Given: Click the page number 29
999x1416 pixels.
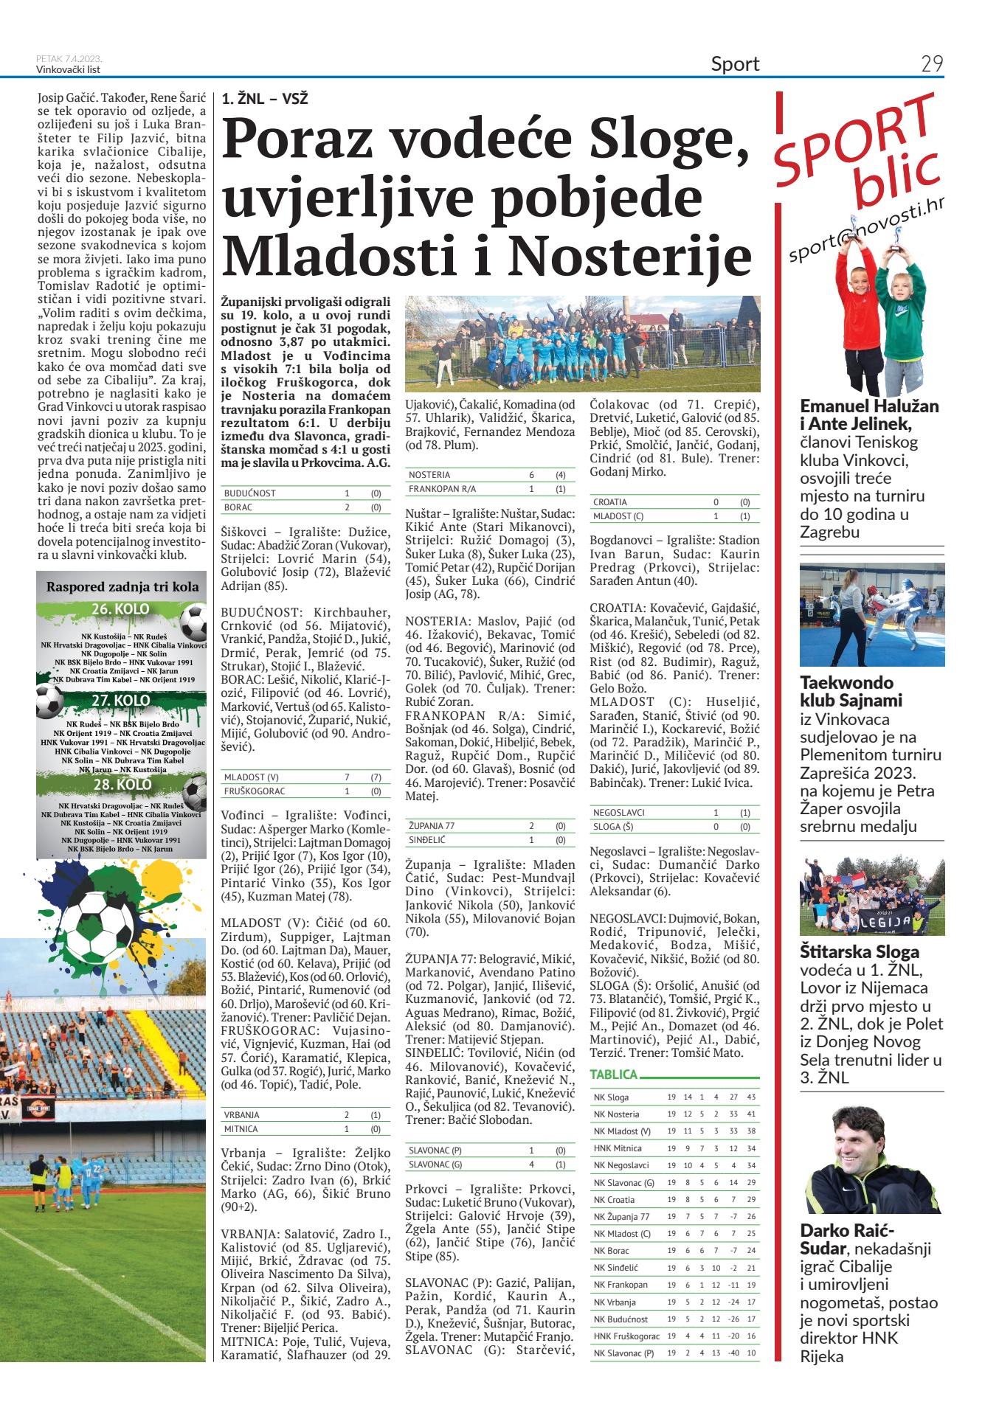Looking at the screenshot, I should [x=932, y=64].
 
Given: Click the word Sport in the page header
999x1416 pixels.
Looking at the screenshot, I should [x=735, y=64].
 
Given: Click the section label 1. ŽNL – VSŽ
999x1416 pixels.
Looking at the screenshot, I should [x=265, y=99].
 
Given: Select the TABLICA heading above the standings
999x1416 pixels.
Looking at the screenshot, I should [x=613, y=1075].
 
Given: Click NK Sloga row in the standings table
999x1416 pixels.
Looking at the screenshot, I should [x=612, y=1097].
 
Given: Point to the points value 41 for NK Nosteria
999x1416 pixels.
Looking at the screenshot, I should [x=751, y=1114].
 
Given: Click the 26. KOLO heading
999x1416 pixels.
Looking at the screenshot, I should [x=120, y=609].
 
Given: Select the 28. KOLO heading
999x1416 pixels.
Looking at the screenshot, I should [x=122, y=784].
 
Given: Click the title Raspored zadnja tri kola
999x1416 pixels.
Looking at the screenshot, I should [x=122, y=587].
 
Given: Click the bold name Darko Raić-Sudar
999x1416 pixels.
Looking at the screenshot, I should [x=846, y=1239].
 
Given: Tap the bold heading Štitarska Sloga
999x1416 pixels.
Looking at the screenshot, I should [x=860, y=951].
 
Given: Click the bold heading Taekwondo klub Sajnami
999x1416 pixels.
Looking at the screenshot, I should [x=851, y=691].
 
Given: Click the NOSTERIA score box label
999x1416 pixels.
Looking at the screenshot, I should [x=429, y=475].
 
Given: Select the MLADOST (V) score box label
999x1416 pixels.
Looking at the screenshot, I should [x=252, y=777].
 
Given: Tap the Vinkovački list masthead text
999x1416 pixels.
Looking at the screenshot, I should [x=68, y=70].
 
